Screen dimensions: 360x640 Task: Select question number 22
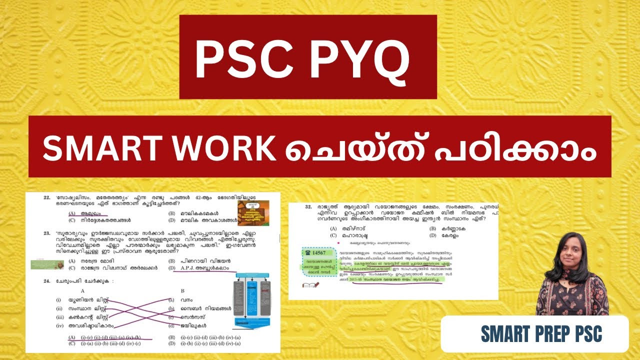pyautogui.click(x=47, y=197)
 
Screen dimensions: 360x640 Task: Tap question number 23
pyautogui.click(x=47, y=232)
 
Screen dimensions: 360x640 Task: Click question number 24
pyautogui.click(x=47, y=281)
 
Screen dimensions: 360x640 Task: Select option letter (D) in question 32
pyautogui.click(x=432, y=235)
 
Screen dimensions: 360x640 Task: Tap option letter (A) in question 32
pyautogui.click(x=333, y=228)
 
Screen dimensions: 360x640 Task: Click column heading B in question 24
pyautogui.click(x=183, y=290)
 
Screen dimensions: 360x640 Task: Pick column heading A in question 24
pyautogui.click(x=82, y=290)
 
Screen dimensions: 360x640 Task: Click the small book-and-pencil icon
pyautogui.click(x=307, y=285)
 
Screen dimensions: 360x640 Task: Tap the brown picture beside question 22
pyautogui.click(x=253, y=212)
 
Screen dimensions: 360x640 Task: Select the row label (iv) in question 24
pyautogui.click(x=59, y=325)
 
